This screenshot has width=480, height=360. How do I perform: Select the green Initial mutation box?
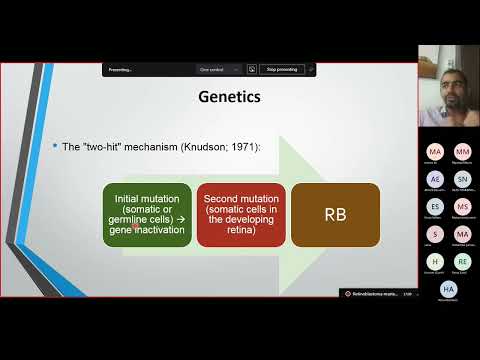tap(148, 215)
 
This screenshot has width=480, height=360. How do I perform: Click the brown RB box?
tap(335, 215)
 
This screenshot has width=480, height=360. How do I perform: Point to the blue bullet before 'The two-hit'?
tap(54, 147)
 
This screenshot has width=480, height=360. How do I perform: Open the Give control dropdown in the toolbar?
tap(219, 70)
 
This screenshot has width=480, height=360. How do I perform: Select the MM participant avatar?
tap(461, 150)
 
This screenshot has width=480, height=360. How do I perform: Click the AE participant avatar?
tap(434, 178)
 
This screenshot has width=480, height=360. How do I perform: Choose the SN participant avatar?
tap(461, 178)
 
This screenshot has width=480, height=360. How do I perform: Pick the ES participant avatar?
tap(434, 206)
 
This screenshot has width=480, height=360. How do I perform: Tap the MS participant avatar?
tap(461, 206)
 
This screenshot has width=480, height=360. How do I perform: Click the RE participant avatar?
tap(461, 261)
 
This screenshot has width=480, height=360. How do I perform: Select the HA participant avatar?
tap(448, 288)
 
